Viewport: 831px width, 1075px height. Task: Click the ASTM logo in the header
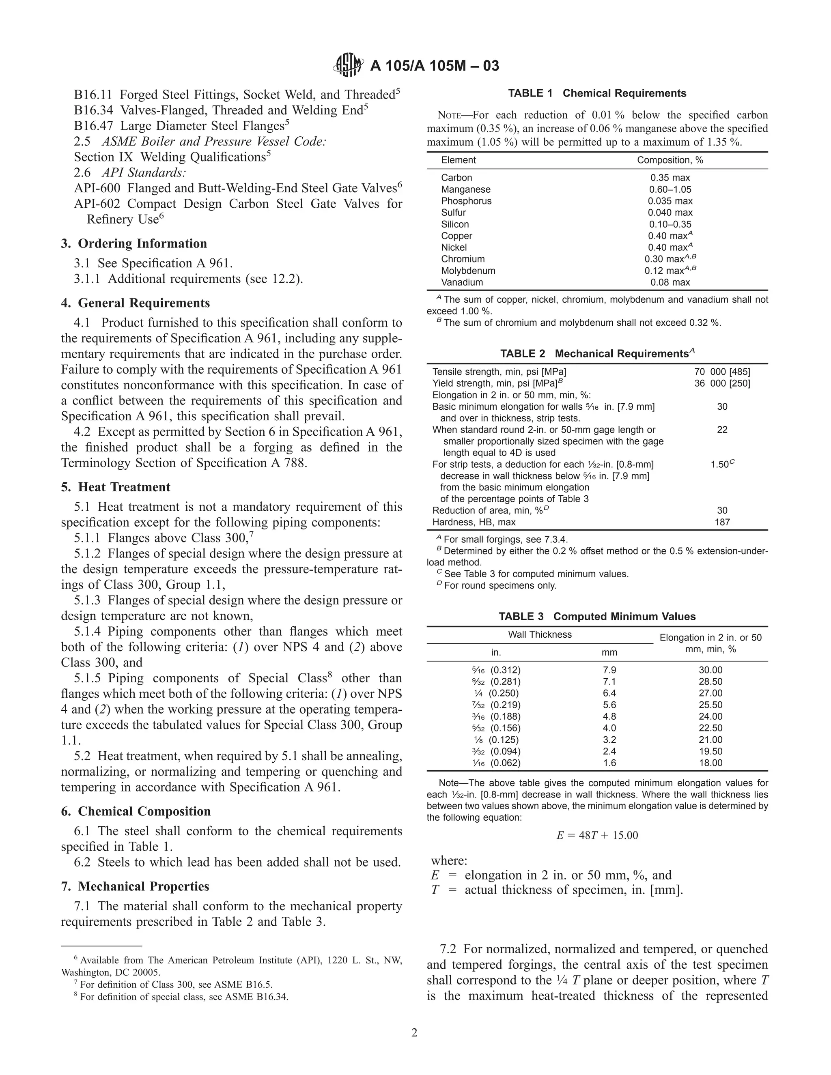(349, 65)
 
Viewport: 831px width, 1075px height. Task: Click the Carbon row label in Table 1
(456, 178)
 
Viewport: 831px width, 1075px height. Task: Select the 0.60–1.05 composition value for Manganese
(670, 189)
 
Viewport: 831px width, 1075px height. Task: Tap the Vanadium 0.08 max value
(670, 282)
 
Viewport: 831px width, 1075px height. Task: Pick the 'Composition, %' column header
(670, 160)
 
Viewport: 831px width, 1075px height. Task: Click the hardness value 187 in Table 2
(722, 522)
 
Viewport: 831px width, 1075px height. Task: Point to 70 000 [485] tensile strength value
(722, 372)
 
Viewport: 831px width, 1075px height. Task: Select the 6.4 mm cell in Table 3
(609, 693)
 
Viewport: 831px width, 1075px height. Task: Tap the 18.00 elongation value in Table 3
(710, 763)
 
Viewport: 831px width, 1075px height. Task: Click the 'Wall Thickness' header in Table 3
(540, 634)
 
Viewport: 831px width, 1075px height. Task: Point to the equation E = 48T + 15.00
(596, 835)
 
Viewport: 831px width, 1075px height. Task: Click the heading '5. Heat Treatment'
(116, 487)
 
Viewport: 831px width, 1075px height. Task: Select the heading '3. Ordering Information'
(134, 244)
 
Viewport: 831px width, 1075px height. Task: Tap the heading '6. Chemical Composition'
(136, 811)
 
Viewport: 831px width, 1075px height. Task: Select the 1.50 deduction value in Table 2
(720, 464)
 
